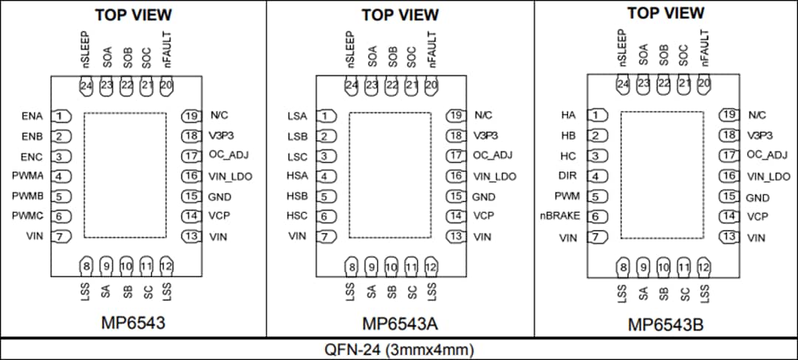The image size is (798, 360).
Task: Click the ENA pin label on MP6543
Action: (x=33, y=116)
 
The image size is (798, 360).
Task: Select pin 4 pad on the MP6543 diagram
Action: (x=62, y=177)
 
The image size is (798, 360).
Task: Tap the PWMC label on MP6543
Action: (x=27, y=217)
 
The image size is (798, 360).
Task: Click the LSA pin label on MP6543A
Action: (x=298, y=116)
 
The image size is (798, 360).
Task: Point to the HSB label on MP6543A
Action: (x=298, y=197)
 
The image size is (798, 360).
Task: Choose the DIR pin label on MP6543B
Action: (x=567, y=176)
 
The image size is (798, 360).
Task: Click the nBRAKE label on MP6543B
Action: (x=560, y=217)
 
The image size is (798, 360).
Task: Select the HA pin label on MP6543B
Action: (x=568, y=115)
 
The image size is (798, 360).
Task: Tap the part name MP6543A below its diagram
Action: (x=399, y=324)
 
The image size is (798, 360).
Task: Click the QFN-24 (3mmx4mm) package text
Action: (x=399, y=349)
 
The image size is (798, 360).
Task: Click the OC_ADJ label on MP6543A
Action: (x=492, y=155)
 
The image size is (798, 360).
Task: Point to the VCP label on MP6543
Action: (x=219, y=216)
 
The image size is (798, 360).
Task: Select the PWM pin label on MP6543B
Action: (x=566, y=197)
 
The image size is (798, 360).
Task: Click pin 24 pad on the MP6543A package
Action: (x=351, y=86)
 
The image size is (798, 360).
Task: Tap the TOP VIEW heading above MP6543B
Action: (x=666, y=13)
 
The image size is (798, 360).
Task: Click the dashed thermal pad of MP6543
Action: (x=125, y=175)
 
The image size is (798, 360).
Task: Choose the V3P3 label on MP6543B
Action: (x=760, y=135)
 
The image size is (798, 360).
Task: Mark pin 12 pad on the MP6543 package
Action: (x=166, y=265)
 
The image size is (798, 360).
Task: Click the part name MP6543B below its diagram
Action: (x=665, y=325)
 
